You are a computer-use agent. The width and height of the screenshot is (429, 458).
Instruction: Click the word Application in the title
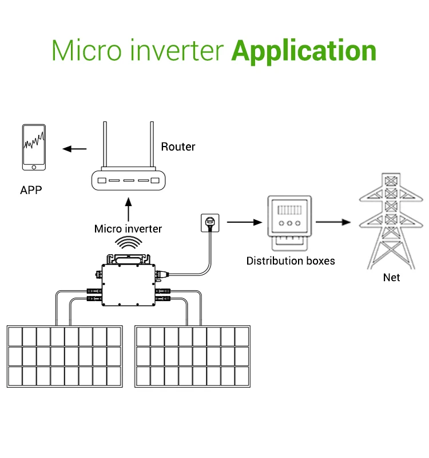point(304,50)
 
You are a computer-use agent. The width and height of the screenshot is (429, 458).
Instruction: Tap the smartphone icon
point(34,147)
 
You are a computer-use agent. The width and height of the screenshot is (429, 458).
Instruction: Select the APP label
point(31,190)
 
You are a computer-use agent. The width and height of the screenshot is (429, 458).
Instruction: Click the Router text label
point(178,147)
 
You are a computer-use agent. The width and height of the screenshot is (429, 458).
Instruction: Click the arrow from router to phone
point(74,149)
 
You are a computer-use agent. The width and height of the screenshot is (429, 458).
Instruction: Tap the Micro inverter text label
point(128,229)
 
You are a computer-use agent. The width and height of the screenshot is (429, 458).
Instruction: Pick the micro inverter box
point(128,280)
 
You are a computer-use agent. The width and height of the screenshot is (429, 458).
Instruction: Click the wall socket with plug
point(209,222)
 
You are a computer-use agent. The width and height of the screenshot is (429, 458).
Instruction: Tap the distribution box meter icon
point(290,221)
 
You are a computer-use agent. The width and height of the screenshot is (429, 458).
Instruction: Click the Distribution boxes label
point(291,261)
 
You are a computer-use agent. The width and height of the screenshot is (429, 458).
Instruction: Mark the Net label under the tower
point(391,278)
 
